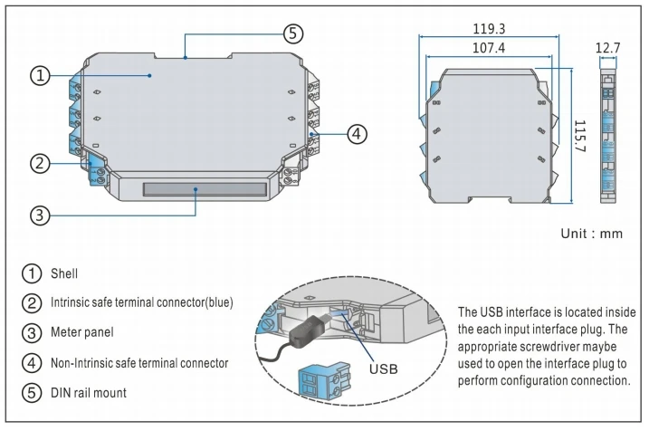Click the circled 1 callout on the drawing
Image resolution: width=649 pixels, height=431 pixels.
39,76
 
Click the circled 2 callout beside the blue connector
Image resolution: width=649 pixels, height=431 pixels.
39,163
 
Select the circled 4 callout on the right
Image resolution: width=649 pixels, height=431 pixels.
357,133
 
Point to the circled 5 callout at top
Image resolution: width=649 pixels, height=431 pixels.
291,34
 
